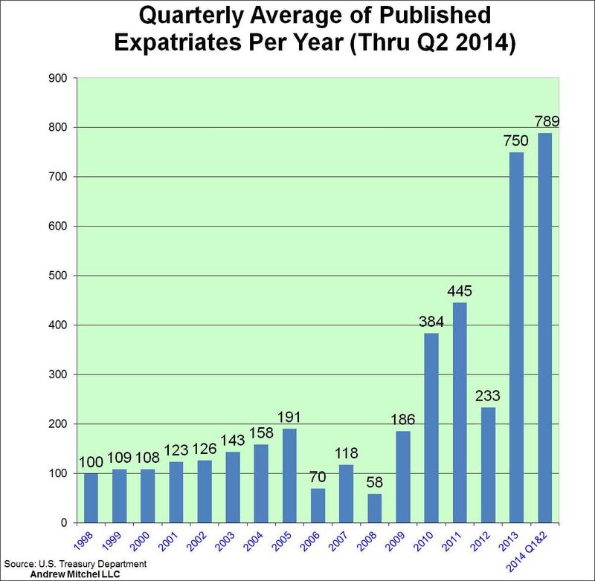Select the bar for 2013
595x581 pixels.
[517, 338]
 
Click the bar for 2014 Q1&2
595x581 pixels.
[546, 328]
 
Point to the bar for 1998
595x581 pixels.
[91, 498]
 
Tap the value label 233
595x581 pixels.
[489, 395]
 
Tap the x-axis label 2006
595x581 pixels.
[317, 540]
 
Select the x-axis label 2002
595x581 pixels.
[204, 540]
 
